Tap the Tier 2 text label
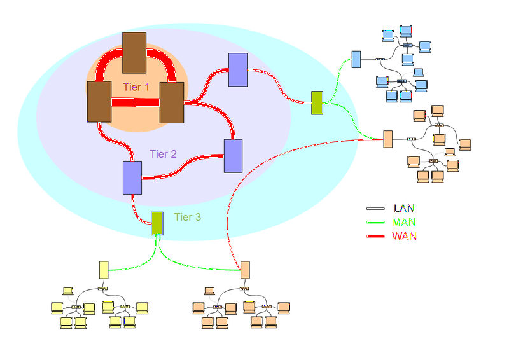163,154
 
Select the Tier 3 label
188,218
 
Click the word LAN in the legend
404,208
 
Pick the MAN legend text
405,222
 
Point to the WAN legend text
405,236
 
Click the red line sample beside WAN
376,237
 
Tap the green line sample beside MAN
376,223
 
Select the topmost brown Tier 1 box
134,53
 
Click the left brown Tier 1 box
99,101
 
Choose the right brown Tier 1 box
172,102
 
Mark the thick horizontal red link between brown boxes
136,102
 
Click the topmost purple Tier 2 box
237,69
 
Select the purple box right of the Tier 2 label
234,155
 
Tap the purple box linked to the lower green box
132,177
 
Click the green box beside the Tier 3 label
157,223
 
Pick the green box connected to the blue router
317,102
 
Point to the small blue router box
356,59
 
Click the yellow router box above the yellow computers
104,270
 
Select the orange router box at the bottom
245,270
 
